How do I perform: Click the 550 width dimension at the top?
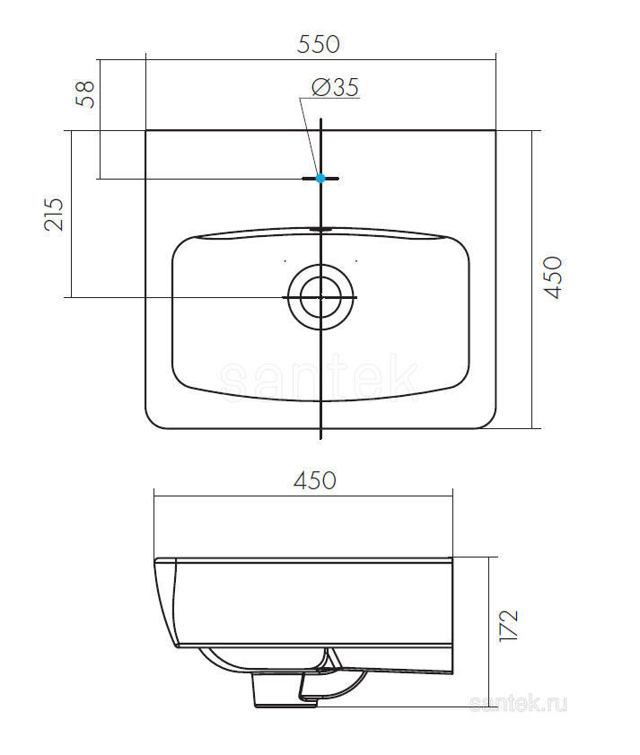click(x=319, y=44)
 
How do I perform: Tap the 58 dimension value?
click(x=85, y=93)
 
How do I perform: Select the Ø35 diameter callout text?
click(x=335, y=87)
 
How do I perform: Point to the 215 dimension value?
click(x=54, y=214)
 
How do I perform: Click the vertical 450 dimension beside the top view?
click(x=553, y=277)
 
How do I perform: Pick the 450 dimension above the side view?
click(x=315, y=481)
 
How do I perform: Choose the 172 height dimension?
click(x=509, y=626)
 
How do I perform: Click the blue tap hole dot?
click(x=320, y=178)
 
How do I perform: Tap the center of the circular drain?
click(x=320, y=297)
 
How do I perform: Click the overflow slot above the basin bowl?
click(x=320, y=229)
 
